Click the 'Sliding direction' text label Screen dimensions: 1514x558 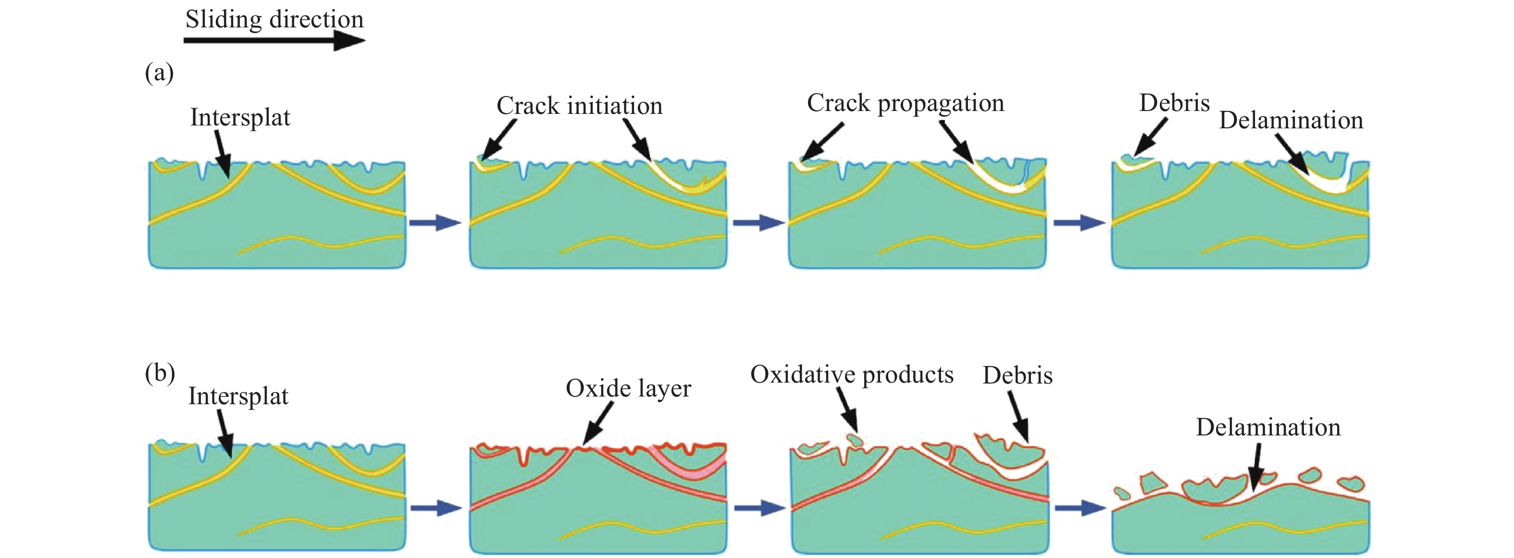coord(274,19)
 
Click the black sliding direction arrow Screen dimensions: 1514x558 coord(274,40)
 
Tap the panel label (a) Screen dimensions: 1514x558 coord(159,73)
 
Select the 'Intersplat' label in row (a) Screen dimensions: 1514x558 coord(240,118)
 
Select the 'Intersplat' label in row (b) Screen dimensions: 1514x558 coord(238,397)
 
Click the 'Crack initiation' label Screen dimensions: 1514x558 coord(580,106)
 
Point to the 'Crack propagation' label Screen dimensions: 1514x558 coord(906,103)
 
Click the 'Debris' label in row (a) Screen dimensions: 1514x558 coord(1174,103)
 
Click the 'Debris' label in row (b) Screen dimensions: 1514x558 coord(1018,375)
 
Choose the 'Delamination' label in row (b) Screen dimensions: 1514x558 coord(1268,427)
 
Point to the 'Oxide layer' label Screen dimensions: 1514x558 coord(628,389)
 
